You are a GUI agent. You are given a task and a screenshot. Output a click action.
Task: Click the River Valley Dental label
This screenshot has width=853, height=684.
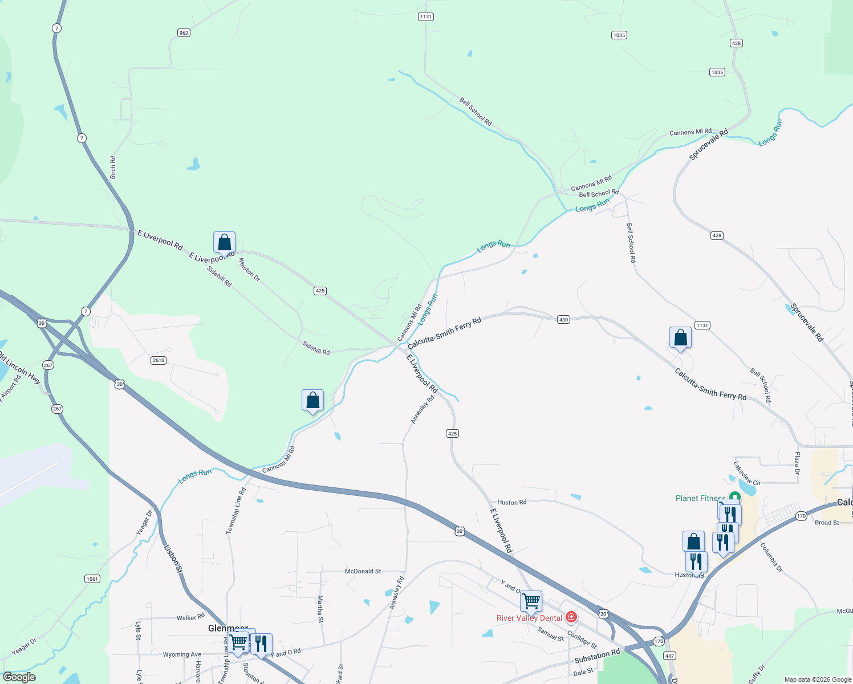(529, 618)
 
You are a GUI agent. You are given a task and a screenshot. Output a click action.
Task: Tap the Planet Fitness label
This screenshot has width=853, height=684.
(701, 498)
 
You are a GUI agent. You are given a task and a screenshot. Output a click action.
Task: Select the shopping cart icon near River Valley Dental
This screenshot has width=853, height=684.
(531, 601)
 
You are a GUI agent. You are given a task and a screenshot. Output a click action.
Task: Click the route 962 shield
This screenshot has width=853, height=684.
(184, 33)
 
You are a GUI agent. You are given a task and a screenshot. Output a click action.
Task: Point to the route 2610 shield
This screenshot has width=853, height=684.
(159, 360)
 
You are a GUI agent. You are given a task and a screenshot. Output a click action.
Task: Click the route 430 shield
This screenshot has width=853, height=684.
(563, 320)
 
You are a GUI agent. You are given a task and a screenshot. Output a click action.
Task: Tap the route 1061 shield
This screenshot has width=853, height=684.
(92, 579)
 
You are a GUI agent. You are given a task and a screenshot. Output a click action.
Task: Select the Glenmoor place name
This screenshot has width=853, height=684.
(228, 628)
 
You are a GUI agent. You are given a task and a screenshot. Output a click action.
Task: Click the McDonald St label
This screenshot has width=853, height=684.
(363, 571)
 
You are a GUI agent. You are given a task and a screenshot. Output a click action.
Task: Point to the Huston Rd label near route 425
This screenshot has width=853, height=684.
(511, 503)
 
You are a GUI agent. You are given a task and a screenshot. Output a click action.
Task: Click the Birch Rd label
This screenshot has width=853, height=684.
(113, 168)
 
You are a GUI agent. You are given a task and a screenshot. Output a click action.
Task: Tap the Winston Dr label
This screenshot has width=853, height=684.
(249, 270)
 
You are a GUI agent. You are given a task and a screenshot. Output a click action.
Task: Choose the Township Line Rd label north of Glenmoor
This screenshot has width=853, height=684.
(236, 511)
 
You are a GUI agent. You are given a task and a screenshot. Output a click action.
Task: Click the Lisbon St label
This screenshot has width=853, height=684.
(173, 559)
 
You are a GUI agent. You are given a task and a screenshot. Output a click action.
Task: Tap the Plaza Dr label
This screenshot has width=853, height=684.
(797, 463)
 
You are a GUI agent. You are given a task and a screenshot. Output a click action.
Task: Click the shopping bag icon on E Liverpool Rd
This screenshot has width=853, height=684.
(225, 243)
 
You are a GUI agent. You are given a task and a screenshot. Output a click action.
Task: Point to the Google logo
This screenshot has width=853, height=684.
(19, 677)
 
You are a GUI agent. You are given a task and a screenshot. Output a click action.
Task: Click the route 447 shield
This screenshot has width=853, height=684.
(669, 656)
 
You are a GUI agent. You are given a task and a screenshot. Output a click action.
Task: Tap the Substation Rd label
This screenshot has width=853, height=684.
(597, 656)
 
